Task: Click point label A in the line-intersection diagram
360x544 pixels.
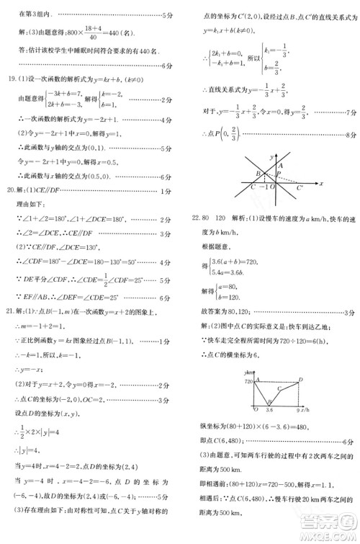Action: point(279,166)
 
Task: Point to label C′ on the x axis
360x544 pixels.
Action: point(299,189)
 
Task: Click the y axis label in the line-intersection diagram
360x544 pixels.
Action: point(268,156)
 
